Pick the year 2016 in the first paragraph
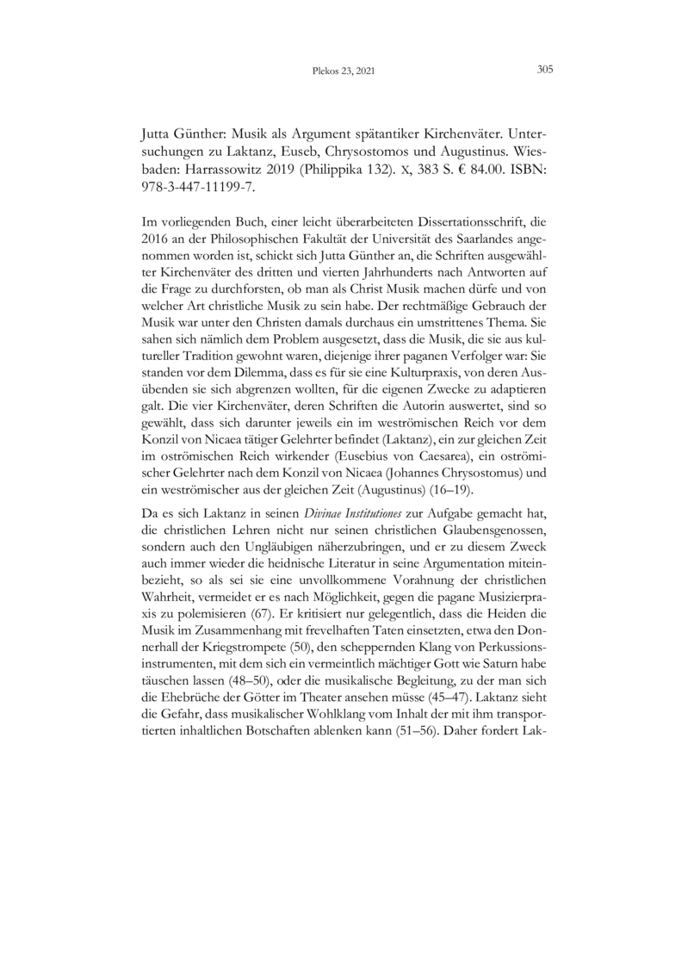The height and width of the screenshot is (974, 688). [x=155, y=250]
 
